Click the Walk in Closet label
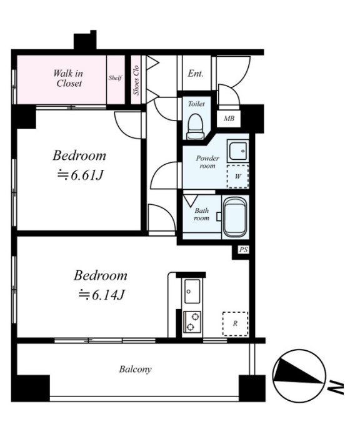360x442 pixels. click(x=68, y=79)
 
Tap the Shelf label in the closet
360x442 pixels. click(x=116, y=77)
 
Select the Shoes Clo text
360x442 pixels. click(x=136, y=80)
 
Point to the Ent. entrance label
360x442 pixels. click(x=196, y=74)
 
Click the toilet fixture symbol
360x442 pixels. click(x=196, y=126)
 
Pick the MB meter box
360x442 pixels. click(x=229, y=119)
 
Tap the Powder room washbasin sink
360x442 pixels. click(x=238, y=151)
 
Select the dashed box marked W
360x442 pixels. click(x=238, y=177)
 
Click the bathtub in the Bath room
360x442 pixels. click(x=235, y=217)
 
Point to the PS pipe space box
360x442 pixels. click(x=243, y=250)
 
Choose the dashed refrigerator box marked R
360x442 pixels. click(x=235, y=323)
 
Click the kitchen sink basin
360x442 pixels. click(x=192, y=291)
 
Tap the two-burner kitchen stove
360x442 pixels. click(x=192, y=322)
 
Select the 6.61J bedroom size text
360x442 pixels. click(x=81, y=175)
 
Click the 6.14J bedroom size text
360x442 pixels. click(x=101, y=295)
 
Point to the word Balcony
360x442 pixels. click(x=135, y=370)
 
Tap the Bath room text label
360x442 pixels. click(x=202, y=214)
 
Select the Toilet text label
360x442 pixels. click(x=196, y=104)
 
